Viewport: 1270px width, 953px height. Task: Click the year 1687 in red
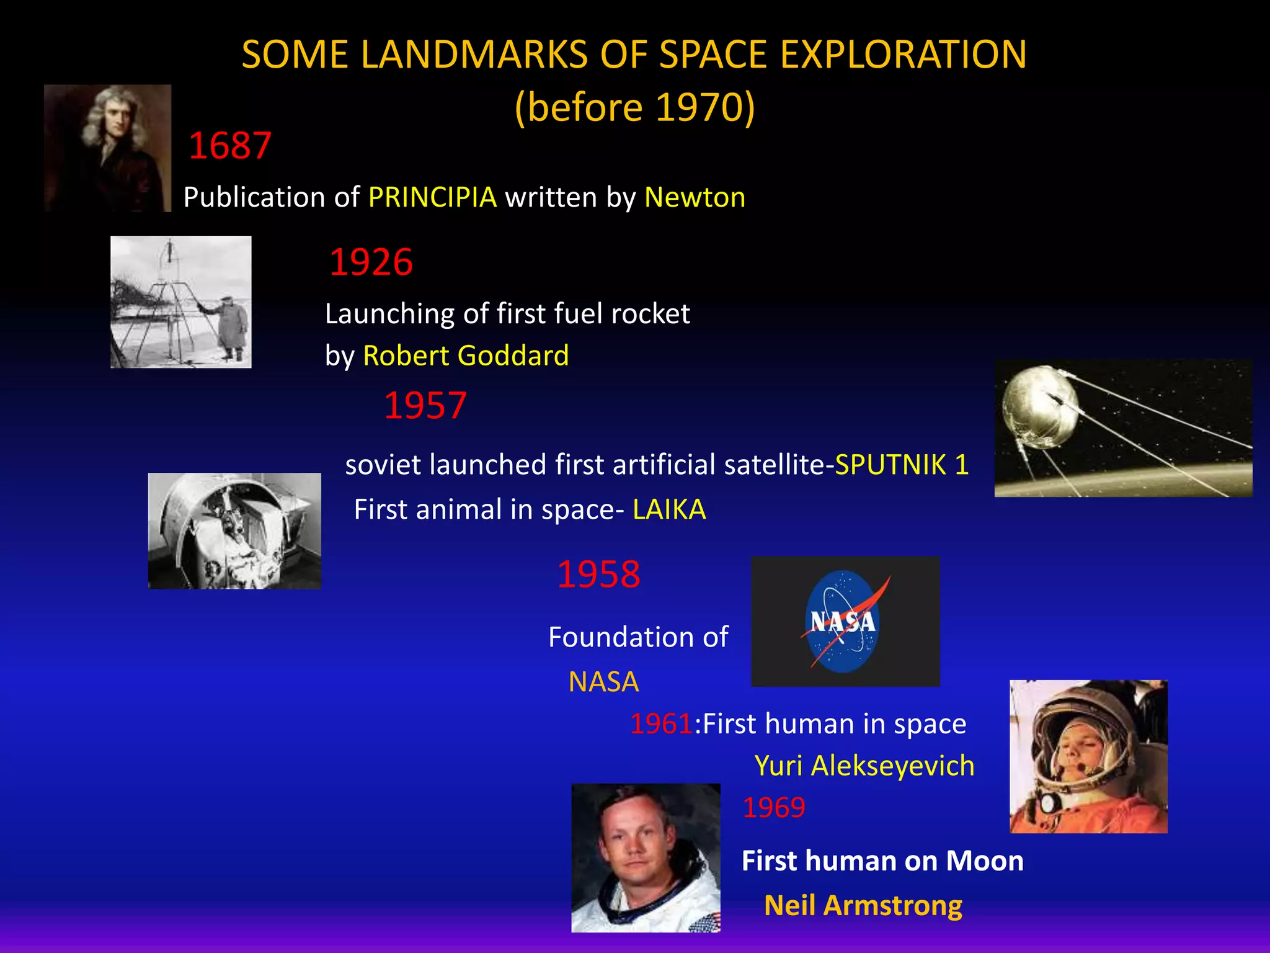229,146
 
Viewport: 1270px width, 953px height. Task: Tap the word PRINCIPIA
432,197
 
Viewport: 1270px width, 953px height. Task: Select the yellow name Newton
695,197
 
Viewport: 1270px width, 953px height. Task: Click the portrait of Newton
107,148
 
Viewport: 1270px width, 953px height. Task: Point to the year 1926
371,262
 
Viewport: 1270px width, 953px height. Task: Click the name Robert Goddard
466,356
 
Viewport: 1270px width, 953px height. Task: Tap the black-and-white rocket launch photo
180,302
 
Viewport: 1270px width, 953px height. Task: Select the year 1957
425,406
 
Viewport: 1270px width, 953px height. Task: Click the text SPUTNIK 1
902,465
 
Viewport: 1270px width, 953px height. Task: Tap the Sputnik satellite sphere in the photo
1039,406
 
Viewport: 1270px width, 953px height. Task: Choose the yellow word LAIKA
669,509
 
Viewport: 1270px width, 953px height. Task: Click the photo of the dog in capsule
234,531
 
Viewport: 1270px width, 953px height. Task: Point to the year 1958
598,574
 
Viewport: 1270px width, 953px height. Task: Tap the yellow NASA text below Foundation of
603,682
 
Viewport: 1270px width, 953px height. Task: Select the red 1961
661,724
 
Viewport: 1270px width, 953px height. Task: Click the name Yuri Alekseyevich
864,766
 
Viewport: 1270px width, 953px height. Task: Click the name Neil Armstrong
863,906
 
